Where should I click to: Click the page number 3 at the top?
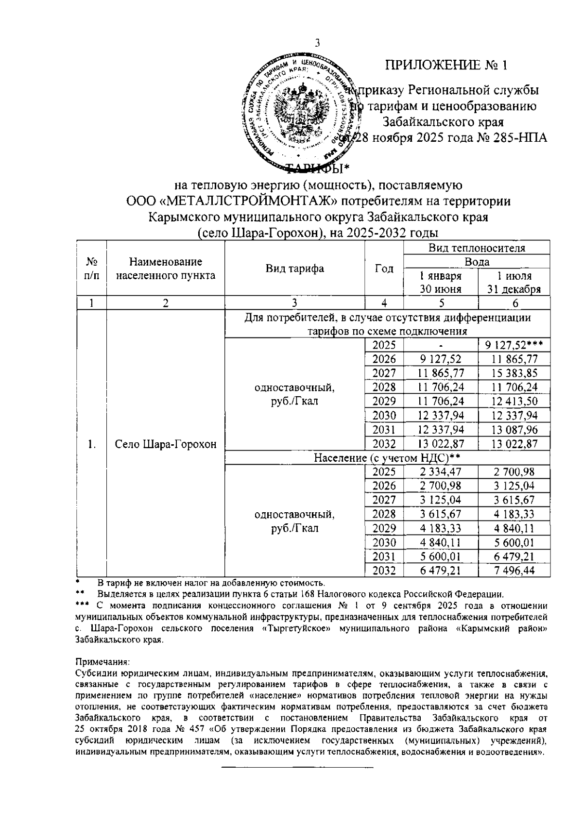[318, 43]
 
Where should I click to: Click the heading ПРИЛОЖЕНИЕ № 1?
[446, 66]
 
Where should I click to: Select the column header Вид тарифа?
[294, 269]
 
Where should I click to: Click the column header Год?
[384, 269]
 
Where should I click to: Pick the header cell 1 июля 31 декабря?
[514, 283]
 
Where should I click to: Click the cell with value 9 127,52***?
[514, 345]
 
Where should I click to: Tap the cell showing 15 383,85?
[514, 373]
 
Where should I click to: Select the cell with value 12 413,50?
[514, 402]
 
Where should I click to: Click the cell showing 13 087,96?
[514, 430]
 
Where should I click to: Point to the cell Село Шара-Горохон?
[166, 444]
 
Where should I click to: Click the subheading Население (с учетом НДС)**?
[387, 458]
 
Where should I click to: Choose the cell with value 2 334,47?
[441, 472]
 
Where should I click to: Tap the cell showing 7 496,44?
[514, 571]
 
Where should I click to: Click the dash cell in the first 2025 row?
[441, 346]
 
